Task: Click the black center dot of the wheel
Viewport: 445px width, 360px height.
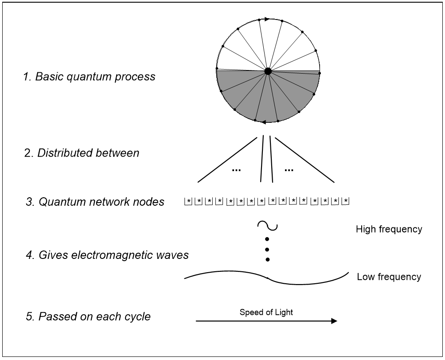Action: [268, 71]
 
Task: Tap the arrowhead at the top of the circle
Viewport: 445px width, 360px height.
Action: [267, 20]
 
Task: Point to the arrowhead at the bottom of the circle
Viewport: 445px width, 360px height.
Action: [263, 122]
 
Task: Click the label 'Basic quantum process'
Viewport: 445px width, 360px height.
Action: [95, 77]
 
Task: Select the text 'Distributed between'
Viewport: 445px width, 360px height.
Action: [88, 153]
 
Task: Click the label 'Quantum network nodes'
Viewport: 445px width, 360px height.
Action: [101, 202]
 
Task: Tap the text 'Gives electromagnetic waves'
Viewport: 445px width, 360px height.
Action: [113, 255]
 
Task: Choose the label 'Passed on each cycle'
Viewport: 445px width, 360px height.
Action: [94, 317]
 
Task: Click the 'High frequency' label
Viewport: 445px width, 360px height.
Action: [389, 229]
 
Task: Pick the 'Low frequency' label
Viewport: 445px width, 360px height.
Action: [389, 277]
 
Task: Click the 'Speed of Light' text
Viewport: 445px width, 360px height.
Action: [266, 312]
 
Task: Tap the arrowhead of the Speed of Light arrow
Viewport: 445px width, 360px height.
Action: [334, 321]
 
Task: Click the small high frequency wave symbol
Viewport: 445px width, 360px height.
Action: [267, 225]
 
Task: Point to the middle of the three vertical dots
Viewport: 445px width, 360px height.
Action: [267, 250]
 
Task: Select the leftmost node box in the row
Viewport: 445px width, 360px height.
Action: [188, 201]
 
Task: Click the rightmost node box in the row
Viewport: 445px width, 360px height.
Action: [345, 201]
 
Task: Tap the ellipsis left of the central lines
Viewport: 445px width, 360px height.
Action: [236, 170]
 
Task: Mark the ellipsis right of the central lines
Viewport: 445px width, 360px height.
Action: [289, 170]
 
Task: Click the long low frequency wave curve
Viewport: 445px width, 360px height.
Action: [267, 278]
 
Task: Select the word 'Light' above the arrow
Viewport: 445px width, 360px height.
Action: [284, 312]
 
